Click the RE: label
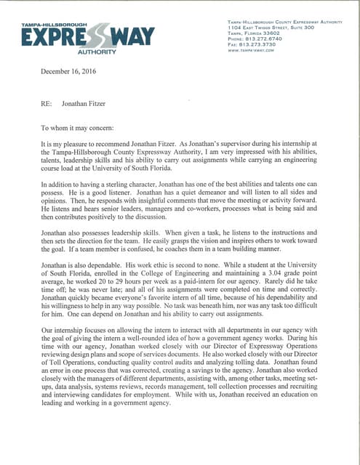click(47, 105)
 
